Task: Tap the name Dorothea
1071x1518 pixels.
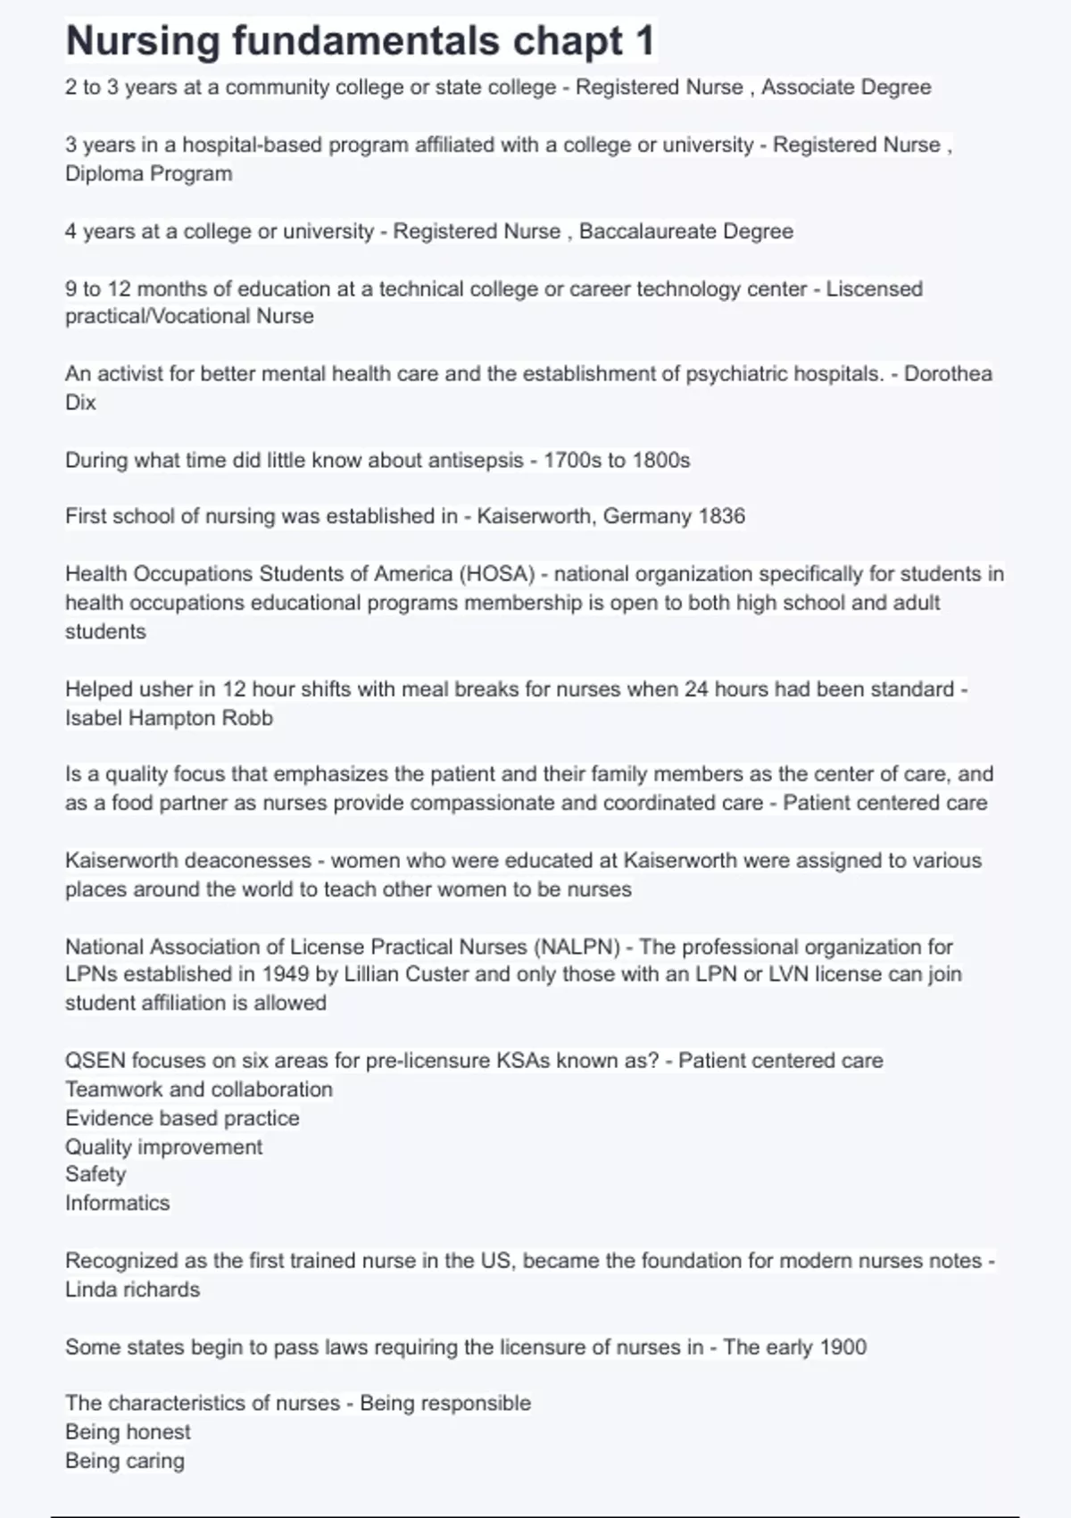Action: click(x=948, y=373)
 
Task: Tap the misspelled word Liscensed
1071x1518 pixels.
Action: click(x=874, y=288)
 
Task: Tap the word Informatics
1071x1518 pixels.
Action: click(x=117, y=1203)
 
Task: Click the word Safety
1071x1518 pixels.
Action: click(x=95, y=1174)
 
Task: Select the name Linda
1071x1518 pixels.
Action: click(x=91, y=1289)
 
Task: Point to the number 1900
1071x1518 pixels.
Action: click(x=843, y=1347)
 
